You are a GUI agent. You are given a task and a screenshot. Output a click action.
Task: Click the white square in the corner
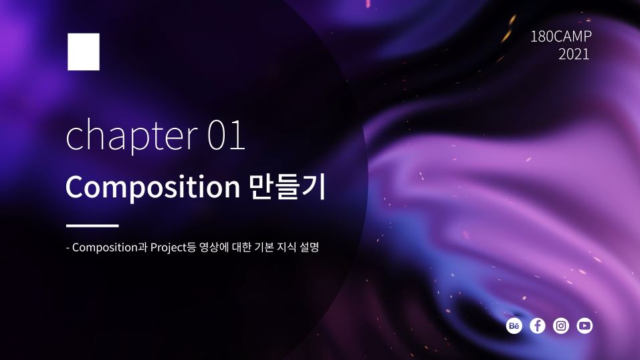(84, 52)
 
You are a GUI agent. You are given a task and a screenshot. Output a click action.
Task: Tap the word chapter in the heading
(132, 136)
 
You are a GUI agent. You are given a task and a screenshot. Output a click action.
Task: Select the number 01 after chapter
(226, 135)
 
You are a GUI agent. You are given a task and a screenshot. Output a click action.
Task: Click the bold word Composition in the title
(152, 187)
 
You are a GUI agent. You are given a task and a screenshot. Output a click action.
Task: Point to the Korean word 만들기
(288, 187)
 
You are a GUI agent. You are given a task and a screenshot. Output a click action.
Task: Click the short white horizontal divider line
(92, 225)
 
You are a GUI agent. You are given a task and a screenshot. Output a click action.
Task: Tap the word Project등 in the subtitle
(173, 248)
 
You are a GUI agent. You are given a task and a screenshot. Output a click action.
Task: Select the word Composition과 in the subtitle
(110, 248)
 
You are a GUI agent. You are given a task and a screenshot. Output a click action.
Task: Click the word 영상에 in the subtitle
(214, 248)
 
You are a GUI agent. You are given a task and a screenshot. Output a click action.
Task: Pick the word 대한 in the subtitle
(241, 247)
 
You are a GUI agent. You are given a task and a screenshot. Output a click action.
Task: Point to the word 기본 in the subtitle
(263, 247)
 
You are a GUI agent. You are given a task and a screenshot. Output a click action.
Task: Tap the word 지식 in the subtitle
(286, 247)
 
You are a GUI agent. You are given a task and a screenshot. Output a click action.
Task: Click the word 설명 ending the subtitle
(309, 247)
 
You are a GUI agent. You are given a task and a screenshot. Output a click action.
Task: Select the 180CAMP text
(561, 37)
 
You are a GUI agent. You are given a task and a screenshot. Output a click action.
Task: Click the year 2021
(574, 54)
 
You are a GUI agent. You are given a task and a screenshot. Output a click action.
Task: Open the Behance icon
(514, 326)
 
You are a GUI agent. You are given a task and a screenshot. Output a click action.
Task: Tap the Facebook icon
(538, 326)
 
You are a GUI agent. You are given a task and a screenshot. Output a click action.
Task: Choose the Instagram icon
(561, 326)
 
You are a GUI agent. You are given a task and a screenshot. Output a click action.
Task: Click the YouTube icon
(584, 326)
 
